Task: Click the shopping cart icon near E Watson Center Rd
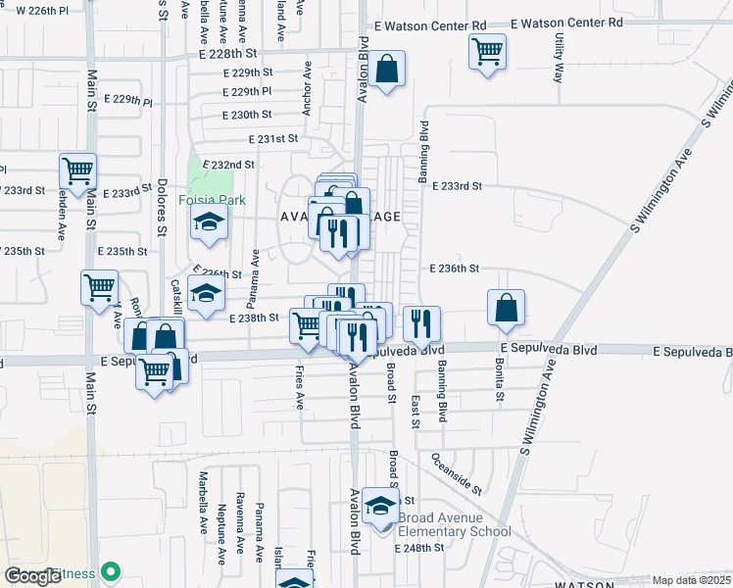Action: pos(487,50)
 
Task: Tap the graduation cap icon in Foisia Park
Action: pos(208,223)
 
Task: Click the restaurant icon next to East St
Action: pos(421,322)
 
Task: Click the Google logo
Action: pos(33,576)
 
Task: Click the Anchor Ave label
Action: pos(307,91)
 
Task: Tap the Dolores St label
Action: pos(163,206)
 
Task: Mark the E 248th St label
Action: pos(419,548)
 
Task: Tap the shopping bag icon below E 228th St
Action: pos(387,71)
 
